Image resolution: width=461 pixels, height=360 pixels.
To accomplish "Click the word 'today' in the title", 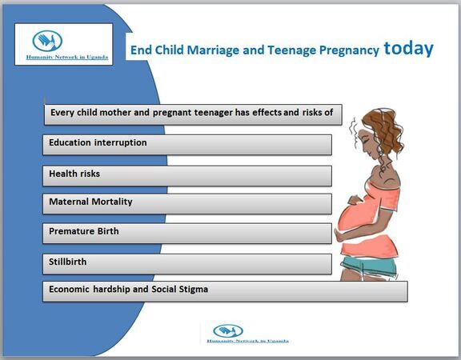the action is pos(408,49).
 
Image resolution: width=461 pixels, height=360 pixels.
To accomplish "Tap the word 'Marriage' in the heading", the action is pos(213,50).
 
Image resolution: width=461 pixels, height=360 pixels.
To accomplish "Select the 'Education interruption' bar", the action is pos(187,145).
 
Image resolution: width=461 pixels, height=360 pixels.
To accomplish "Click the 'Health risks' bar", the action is pos(187,176).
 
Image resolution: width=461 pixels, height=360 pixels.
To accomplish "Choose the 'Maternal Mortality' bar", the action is pos(187,204).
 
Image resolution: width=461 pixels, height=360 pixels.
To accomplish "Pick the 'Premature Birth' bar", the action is pos(187,234).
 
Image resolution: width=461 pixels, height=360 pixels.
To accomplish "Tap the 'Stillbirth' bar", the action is pos(187,264).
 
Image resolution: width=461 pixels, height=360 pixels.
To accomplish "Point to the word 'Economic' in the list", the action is pos(69,289).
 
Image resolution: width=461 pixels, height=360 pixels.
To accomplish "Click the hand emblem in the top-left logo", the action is pos(47,41).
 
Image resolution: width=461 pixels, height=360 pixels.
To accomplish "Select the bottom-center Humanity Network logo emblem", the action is pos(228,331).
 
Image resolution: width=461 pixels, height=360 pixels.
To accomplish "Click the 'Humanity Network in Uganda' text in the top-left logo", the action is pos(67,57).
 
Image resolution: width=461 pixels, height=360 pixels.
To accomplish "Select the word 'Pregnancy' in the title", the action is pos(349,50).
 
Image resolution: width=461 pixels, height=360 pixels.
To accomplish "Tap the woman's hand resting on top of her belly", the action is pos(355,200).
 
